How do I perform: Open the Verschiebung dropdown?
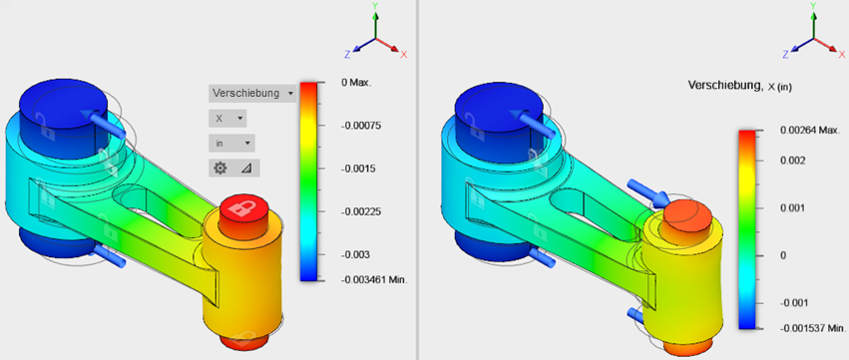tap(252, 93)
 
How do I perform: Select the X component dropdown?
tap(226, 118)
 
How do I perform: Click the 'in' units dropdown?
tap(231, 144)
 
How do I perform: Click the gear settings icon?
tap(219, 169)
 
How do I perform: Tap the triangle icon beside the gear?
tap(246, 169)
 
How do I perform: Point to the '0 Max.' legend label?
tap(356, 83)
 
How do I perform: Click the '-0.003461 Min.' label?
tap(373, 280)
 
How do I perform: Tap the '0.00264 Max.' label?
tap(810, 131)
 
